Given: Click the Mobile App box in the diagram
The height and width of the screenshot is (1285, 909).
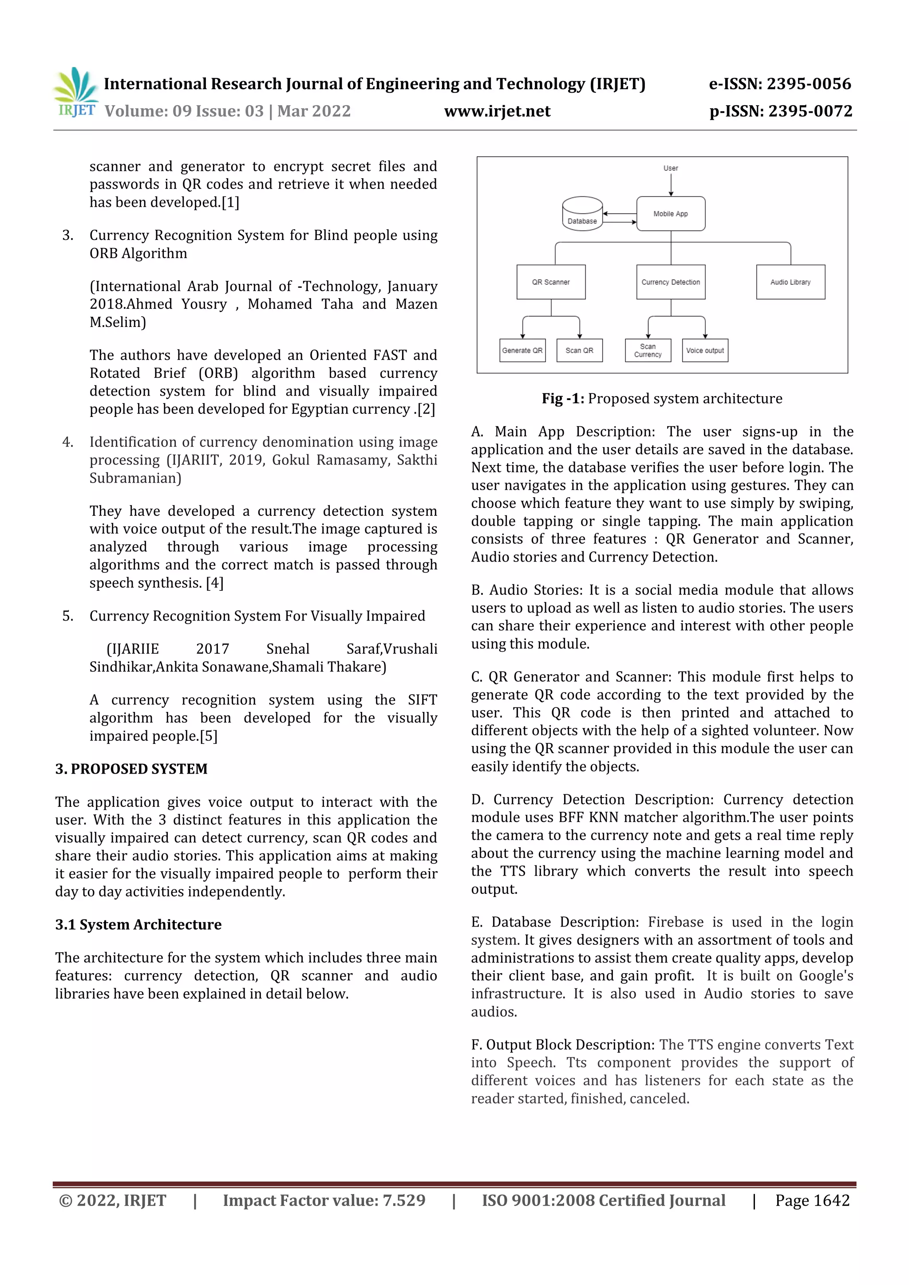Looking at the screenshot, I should click(670, 213).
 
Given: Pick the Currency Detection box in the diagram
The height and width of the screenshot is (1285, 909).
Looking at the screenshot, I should click(670, 282).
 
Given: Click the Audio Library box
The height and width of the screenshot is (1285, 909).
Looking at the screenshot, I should click(790, 282).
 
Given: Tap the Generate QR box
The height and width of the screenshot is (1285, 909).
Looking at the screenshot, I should click(522, 350).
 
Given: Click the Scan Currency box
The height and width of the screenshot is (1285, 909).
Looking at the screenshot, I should click(648, 350).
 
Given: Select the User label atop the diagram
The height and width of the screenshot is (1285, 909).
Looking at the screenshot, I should click(670, 168).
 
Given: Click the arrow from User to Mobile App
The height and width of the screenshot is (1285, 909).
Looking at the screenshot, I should click(670, 184).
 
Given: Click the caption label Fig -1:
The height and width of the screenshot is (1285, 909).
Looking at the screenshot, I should click(562, 398).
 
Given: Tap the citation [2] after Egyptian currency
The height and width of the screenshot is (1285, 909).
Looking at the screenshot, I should click(426, 409).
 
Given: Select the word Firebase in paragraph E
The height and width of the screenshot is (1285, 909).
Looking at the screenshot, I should click(676, 922).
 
